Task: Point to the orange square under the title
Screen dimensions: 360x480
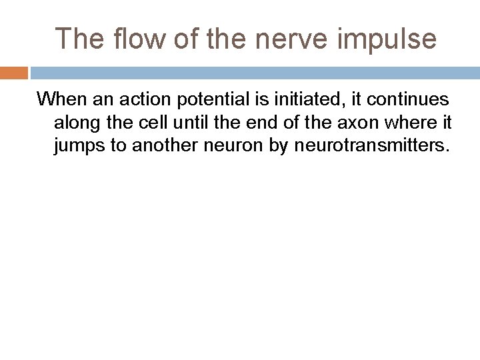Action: (x=13, y=72)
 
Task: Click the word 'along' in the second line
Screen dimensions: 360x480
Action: (x=75, y=123)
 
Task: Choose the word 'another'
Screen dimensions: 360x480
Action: (x=164, y=146)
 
